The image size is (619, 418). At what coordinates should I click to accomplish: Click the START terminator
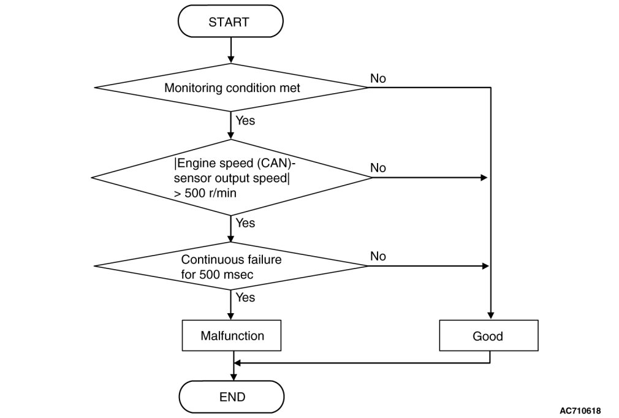click(x=230, y=21)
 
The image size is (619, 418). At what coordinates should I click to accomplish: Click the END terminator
click(x=231, y=397)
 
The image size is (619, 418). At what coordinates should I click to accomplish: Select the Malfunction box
click(x=231, y=335)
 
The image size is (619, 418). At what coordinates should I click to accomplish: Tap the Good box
click(x=488, y=335)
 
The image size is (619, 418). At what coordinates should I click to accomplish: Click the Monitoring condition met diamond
click(x=231, y=88)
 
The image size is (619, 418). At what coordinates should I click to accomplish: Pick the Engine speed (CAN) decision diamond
click(x=231, y=178)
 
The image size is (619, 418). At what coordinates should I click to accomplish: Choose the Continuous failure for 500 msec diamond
click(x=231, y=266)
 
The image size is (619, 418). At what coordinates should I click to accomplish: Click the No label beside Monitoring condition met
click(x=378, y=78)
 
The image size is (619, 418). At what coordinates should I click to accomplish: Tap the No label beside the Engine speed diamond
click(x=378, y=168)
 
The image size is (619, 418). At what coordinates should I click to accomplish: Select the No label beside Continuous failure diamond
click(x=378, y=257)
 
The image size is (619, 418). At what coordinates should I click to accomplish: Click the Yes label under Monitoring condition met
click(x=245, y=120)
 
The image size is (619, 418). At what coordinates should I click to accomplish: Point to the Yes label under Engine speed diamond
click(x=245, y=223)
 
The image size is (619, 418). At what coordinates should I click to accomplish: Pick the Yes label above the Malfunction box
click(x=245, y=297)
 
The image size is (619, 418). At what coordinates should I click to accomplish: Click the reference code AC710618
click(x=580, y=411)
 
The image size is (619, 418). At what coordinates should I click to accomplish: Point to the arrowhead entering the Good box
click(x=491, y=316)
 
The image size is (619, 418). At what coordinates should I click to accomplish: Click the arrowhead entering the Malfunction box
click(x=231, y=316)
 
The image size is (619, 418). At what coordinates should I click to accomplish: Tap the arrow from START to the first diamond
click(x=231, y=50)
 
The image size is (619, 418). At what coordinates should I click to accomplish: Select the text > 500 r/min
click(x=205, y=193)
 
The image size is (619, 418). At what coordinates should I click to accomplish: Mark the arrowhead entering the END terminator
click(x=234, y=377)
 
